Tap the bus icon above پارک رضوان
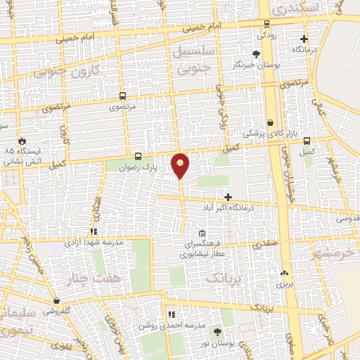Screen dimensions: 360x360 coord(138,157)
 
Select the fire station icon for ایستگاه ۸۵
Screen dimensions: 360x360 coord(22,141)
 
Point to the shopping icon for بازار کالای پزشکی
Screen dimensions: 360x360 coord(271,123)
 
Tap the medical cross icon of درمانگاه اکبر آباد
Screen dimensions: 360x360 coord(227,197)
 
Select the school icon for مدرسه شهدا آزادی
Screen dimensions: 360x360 coord(93,231)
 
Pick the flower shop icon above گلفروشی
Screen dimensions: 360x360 coord(56,301)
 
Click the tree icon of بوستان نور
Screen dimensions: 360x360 coord(217,331)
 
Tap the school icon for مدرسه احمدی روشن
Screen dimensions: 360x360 coord(170,314)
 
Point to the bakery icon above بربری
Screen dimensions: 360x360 coord(284,274)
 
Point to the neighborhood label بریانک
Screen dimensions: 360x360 coord(223,276)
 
